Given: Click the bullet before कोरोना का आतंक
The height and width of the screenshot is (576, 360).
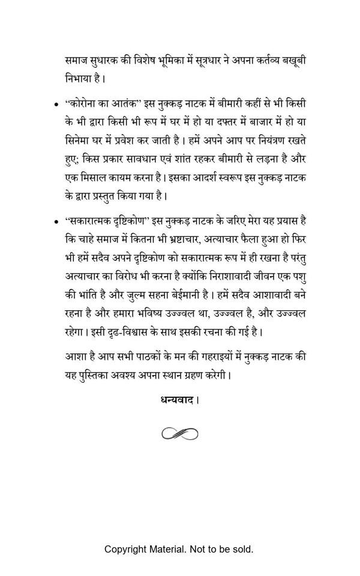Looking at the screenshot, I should [x=55, y=104].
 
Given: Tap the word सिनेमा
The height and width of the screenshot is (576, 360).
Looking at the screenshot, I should [x=79, y=140].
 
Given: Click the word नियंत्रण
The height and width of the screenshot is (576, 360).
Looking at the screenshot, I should [x=260, y=140].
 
